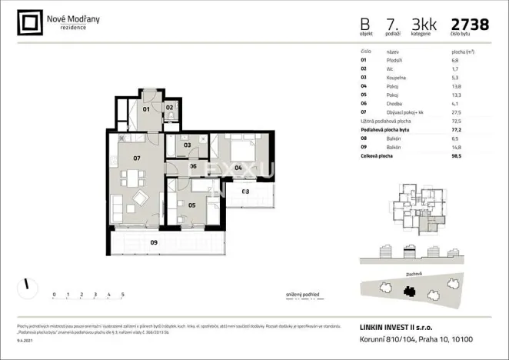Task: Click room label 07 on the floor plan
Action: click(137, 158)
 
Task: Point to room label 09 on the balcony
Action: click(154, 242)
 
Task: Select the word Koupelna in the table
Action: click(397, 77)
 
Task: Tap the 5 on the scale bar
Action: click(123, 295)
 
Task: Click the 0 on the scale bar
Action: click(54, 295)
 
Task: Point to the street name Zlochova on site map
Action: click(413, 272)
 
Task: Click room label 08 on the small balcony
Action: click(245, 191)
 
